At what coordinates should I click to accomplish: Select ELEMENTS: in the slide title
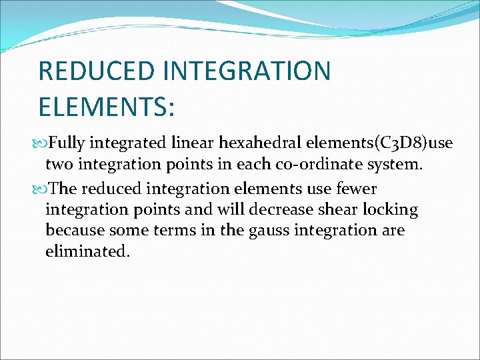[x=107, y=107]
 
